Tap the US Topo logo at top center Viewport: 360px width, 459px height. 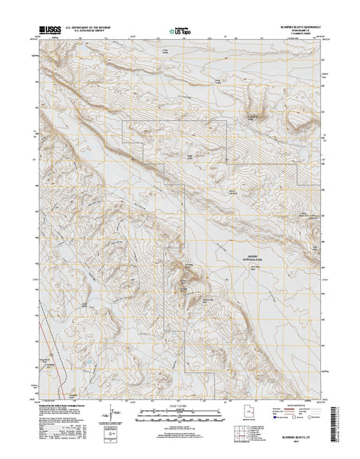coord(180,32)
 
